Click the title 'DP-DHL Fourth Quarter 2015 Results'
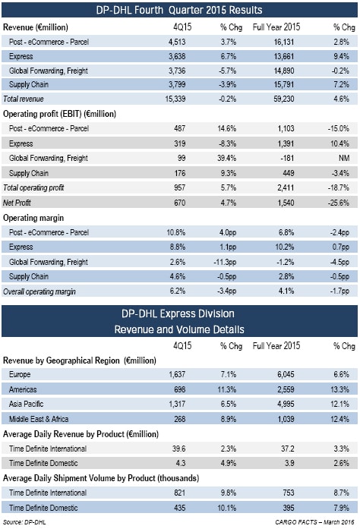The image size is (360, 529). pyautogui.click(x=179, y=10)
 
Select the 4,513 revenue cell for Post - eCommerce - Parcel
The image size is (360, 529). pyautogui.click(x=177, y=42)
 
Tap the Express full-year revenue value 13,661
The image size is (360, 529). pyautogui.click(x=284, y=56)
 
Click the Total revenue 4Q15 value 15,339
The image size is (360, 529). pyautogui.click(x=175, y=99)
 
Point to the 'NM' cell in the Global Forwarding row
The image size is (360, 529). pyautogui.click(x=344, y=158)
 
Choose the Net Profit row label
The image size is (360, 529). pyautogui.click(x=17, y=203)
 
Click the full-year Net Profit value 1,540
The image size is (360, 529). pyautogui.click(x=286, y=203)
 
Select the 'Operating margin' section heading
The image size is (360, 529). pyautogui.click(x=33, y=218)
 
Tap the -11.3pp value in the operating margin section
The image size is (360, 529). pyautogui.click(x=225, y=262)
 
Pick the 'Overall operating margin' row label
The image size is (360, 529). pyautogui.click(x=39, y=291)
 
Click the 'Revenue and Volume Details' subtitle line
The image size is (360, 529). pyautogui.click(x=179, y=329)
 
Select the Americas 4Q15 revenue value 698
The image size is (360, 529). pyautogui.click(x=180, y=389)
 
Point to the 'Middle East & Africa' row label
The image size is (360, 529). pyautogui.click(x=39, y=419)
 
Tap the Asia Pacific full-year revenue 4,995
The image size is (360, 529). pyautogui.click(x=286, y=404)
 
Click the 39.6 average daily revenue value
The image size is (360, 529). pyautogui.click(x=178, y=449)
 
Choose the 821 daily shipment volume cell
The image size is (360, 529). pyautogui.click(x=180, y=493)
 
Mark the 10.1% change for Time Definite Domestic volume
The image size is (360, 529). pyautogui.click(x=227, y=508)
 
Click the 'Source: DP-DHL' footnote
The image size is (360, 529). pyautogui.click(x=24, y=522)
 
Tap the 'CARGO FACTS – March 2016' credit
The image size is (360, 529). pyautogui.click(x=314, y=522)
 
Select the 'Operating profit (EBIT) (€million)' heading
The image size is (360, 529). pyautogui.click(x=59, y=114)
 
